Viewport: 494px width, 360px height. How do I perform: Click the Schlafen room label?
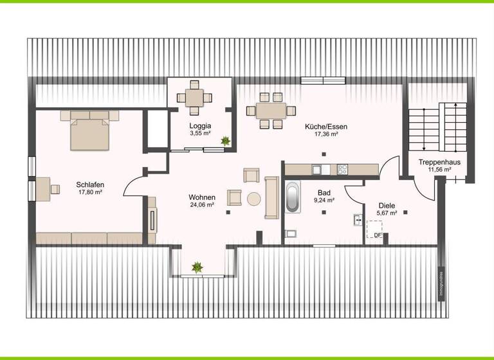(x=89, y=184)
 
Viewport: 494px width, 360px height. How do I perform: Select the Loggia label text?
(x=200, y=125)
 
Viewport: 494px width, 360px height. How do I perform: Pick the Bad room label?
(x=324, y=192)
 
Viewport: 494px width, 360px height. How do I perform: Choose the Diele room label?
(x=387, y=205)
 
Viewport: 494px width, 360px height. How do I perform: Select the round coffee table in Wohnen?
(x=254, y=199)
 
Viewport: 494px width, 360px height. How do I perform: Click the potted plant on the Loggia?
(x=225, y=140)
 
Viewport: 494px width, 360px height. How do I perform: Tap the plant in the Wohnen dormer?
(x=196, y=265)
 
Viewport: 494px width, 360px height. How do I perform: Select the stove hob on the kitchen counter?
(x=342, y=170)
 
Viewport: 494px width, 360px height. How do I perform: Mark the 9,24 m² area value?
(x=324, y=200)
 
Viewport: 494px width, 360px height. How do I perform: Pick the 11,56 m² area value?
(x=439, y=171)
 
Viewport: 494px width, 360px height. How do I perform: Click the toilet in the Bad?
(x=289, y=234)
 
